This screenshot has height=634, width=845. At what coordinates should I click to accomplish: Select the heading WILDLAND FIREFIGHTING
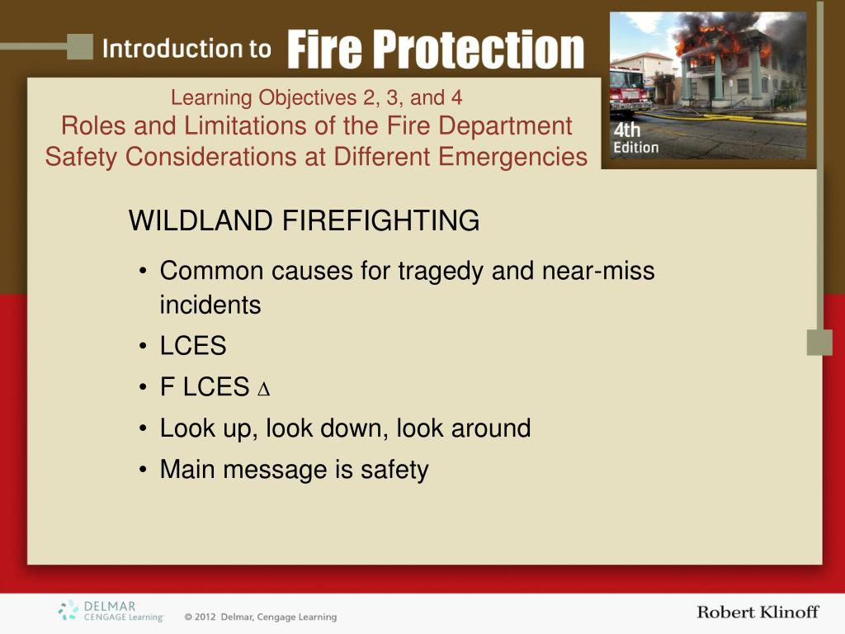point(304,220)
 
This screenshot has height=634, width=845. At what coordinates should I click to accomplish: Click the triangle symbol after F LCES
point(263,390)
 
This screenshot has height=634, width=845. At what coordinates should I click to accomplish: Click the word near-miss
point(598,271)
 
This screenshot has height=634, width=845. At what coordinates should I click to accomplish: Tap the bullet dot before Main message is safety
point(143,470)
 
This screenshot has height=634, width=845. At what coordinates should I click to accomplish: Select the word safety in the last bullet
point(394,470)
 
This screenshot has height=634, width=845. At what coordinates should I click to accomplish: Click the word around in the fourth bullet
point(490,428)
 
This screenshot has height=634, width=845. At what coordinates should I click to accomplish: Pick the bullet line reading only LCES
point(193,346)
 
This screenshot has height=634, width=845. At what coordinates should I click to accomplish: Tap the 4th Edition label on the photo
point(636,138)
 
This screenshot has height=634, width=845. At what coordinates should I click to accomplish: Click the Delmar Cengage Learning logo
point(111,612)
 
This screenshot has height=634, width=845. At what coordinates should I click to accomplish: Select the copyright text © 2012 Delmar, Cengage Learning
point(260,617)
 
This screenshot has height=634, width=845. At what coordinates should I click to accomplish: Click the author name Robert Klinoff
point(758,612)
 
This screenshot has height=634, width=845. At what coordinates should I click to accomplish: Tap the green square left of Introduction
point(80,47)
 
